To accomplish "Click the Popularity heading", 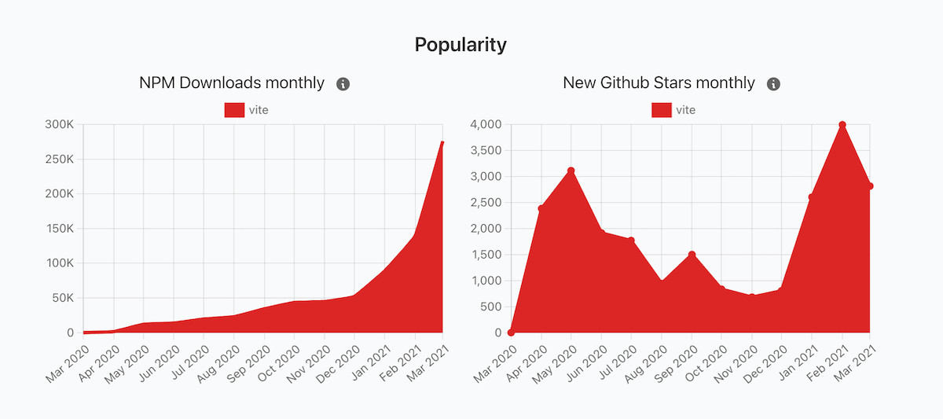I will point(460,45).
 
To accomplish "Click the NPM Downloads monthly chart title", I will point(232,83).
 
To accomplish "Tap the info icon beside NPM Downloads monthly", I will point(343,83).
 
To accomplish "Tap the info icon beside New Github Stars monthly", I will point(773,83).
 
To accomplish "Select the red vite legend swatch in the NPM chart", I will point(234,110).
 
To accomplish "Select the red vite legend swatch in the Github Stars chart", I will point(662,110).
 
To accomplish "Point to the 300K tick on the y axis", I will point(59,124).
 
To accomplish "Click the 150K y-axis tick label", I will point(59,229).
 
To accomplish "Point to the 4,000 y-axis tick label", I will point(486,124).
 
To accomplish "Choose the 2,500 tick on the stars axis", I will point(486,203).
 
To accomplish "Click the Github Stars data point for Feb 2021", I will point(842,125).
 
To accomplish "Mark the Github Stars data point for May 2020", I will point(571,171).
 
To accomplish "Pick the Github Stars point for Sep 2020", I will point(692,255).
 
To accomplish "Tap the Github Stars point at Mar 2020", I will point(511,333).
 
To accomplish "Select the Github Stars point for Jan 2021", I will point(811,197).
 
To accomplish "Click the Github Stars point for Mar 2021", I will point(871,186).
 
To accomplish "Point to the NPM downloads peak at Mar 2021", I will point(442,143).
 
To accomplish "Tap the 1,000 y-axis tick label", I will point(486,281).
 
